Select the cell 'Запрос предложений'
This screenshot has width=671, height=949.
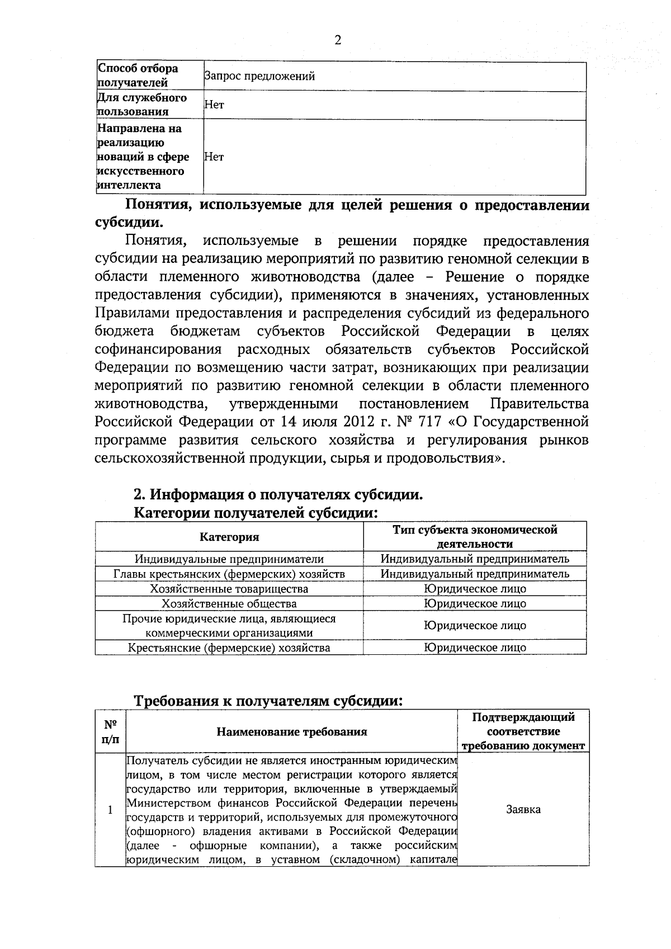pyautogui.click(x=259, y=76)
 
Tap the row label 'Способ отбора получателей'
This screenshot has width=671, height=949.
pyautogui.click(x=138, y=76)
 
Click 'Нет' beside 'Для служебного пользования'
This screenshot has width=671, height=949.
pyautogui.click(x=214, y=105)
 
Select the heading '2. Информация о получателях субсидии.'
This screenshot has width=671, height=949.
pyautogui.click(x=277, y=495)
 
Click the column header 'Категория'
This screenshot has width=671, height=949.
pyautogui.click(x=229, y=537)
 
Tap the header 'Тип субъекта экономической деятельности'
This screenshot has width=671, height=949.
pyautogui.click(x=475, y=536)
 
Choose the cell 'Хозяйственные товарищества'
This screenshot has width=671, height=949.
pyautogui.click(x=229, y=589)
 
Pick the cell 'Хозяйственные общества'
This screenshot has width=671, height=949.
pyautogui.click(x=229, y=603)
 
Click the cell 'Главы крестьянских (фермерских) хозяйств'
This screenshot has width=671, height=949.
pyautogui.click(x=229, y=574)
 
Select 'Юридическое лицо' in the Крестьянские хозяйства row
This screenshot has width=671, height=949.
pyautogui.click(x=475, y=648)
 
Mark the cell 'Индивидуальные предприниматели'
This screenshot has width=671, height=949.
pyautogui.click(x=229, y=559)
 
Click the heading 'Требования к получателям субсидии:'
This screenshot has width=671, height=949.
pyautogui.click(x=268, y=701)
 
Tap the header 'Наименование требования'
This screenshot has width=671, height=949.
pyautogui.click(x=292, y=731)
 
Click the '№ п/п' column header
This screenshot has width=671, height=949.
pyautogui.click(x=111, y=731)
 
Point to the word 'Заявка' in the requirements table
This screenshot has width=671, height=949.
pyautogui.click(x=523, y=809)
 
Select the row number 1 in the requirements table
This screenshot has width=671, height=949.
pyautogui.click(x=110, y=809)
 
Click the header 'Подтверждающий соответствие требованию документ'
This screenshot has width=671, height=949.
pyautogui.click(x=523, y=731)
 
